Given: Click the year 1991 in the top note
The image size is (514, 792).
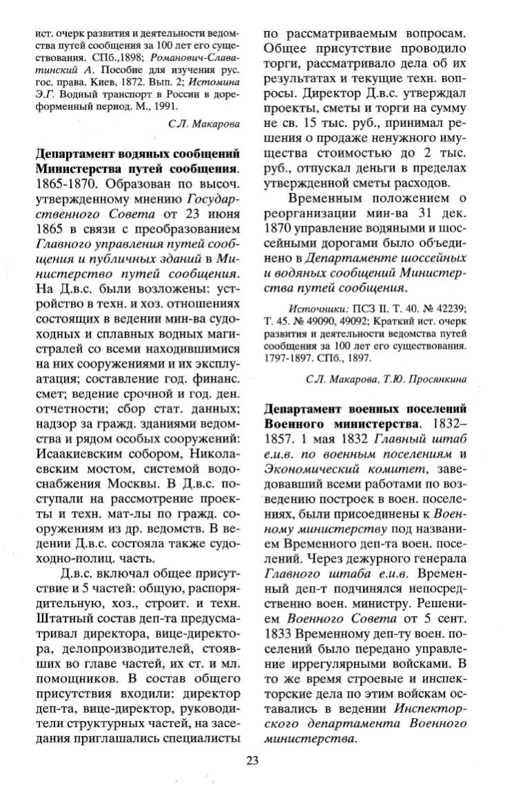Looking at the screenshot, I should [x=166, y=107].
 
